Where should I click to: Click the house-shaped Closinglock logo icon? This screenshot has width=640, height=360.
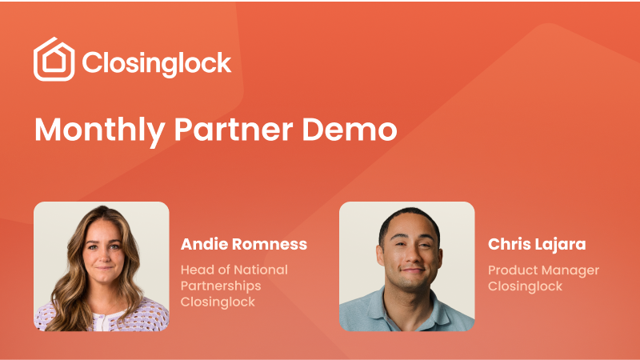[54, 59]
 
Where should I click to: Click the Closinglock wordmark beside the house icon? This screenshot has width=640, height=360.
[157, 63]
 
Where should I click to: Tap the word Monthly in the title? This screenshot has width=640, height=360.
[99, 130]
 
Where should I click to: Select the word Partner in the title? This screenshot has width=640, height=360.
[234, 130]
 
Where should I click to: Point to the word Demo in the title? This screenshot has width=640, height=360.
[350, 130]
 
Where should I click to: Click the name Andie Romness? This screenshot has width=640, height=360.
[244, 244]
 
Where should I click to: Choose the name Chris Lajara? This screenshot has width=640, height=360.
[537, 244]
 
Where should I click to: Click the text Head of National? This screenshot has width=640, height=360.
[234, 270]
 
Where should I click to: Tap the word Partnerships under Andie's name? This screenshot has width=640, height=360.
[221, 286]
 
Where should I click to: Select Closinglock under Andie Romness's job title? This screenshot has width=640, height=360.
[218, 302]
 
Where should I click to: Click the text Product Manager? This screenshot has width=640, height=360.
[544, 270]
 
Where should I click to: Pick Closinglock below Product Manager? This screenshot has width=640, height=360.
[526, 286]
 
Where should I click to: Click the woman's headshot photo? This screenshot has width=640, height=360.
[102, 266]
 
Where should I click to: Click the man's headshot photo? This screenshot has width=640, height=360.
[407, 266]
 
